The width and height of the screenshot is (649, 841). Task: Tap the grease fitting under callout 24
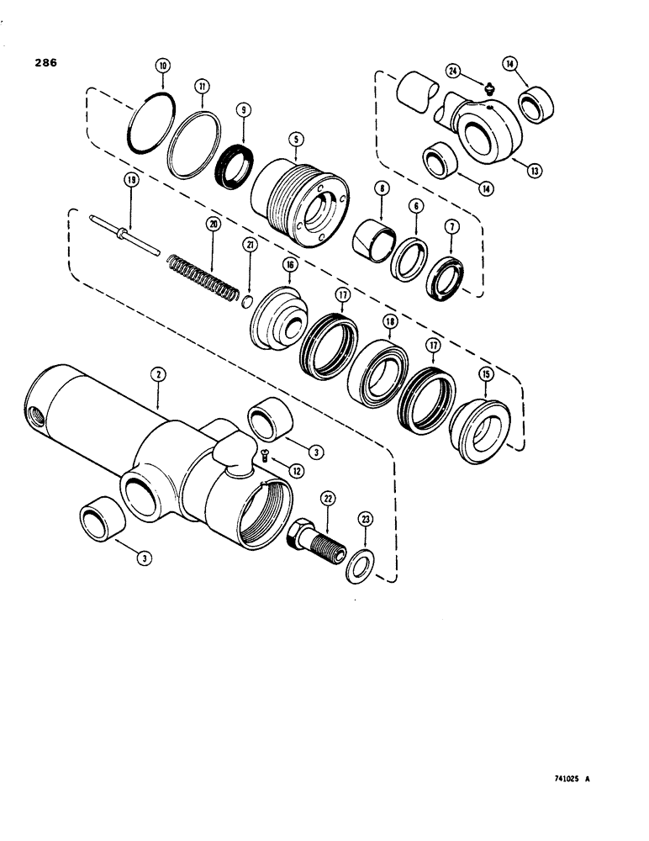[x=490, y=87]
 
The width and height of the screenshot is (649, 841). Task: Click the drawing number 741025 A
[x=565, y=779]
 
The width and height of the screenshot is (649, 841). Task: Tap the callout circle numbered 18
[x=391, y=321]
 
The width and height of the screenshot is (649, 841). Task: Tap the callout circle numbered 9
[x=242, y=108]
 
